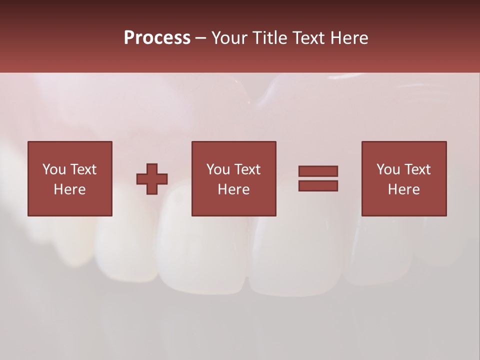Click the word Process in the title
157,38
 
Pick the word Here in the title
350,38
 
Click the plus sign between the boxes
152,179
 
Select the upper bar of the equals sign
318,171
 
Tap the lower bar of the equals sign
318,186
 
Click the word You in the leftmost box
54,169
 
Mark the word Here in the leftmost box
69,189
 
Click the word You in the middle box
218,169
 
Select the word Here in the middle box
233,189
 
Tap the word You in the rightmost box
388,169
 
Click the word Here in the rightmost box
403,189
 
